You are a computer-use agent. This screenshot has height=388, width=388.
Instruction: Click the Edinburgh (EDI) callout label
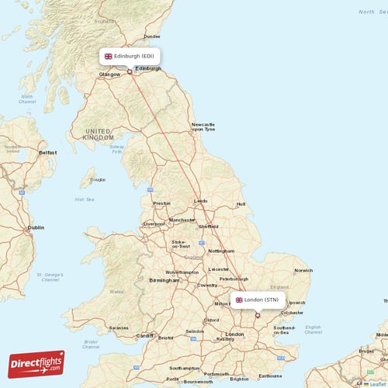pos(130,57)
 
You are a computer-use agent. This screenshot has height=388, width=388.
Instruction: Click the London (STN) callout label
pos(258,300)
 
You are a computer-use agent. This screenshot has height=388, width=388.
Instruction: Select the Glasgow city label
pos(109,75)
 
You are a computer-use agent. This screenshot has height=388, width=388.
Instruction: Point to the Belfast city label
pos(48,154)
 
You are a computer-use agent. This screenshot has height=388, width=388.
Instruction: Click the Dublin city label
pos(36,228)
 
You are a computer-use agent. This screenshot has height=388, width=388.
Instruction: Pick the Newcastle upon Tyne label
pos(203,126)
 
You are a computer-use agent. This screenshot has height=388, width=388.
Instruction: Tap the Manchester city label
pos(183,220)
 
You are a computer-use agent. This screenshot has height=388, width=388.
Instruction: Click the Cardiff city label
pos(145,336)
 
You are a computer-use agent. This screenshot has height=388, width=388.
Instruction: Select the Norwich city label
pos(303,270)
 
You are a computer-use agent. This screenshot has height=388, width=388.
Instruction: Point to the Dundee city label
pos(151,36)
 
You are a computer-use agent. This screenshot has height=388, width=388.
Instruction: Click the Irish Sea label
pos(85,199)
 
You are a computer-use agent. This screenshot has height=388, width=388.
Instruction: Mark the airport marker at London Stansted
pos(258,315)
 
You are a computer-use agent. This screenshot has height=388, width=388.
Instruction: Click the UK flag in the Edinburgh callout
pos(108,57)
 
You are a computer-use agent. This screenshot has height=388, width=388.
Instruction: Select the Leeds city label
pos(201,201)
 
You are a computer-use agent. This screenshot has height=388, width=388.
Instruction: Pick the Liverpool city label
pos(154,223)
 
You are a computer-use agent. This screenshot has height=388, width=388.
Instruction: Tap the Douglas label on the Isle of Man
pos(97,179)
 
